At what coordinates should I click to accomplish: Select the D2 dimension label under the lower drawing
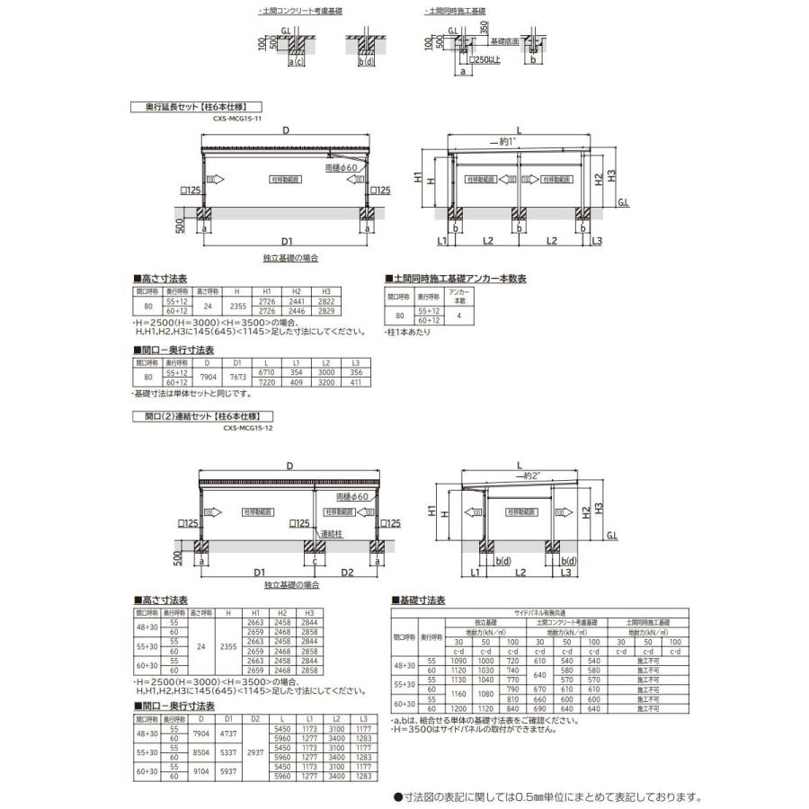click(348, 572)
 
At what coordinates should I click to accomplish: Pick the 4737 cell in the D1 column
click(229, 733)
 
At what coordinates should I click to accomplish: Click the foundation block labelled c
click(316, 549)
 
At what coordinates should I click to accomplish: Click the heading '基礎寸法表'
click(422, 600)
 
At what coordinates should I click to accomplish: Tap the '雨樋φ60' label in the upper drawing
click(343, 168)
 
